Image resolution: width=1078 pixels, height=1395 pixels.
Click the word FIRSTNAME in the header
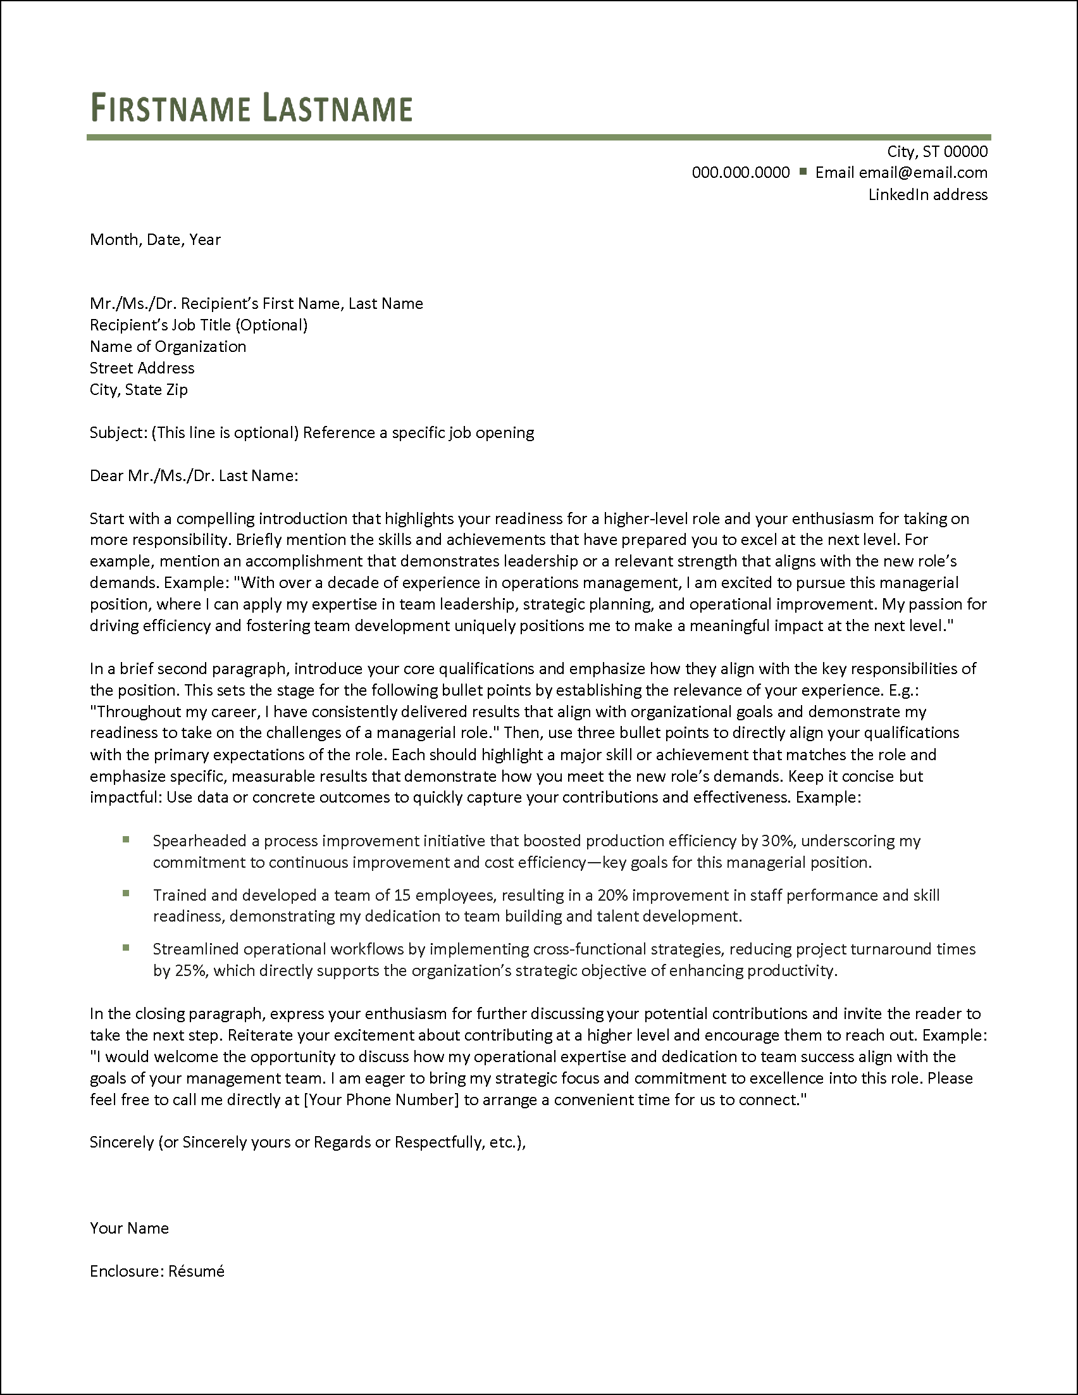click(170, 108)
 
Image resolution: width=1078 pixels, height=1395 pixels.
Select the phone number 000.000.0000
click(740, 172)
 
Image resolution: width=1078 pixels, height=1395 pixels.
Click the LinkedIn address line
click(927, 195)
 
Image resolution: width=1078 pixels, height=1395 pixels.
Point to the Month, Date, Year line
click(155, 239)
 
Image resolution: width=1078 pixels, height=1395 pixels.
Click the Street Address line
click(142, 368)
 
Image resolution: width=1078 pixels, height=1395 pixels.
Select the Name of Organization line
click(167, 346)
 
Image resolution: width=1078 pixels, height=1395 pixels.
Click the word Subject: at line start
click(119, 433)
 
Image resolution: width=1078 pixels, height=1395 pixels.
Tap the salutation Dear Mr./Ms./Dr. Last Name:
click(194, 476)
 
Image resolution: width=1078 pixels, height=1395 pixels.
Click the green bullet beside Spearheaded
click(126, 839)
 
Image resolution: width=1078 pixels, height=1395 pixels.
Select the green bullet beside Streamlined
click(126, 948)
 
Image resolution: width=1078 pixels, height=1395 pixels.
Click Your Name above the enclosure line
click(129, 1229)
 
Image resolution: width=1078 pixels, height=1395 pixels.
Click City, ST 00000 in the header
click(937, 151)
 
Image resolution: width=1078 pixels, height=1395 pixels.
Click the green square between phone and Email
click(802, 171)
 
